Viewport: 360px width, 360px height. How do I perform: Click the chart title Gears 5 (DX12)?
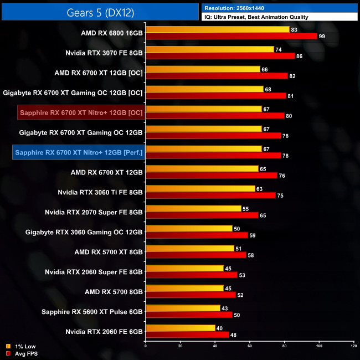(x=99, y=12)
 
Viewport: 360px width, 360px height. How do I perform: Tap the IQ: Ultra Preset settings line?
(x=256, y=17)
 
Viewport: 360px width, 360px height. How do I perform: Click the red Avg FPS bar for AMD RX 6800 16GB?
(x=231, y=36)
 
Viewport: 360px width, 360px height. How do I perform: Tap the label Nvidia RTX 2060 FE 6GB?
(x=104, y=331)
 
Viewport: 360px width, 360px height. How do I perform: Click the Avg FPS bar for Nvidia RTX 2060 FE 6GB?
(x=187, y=335)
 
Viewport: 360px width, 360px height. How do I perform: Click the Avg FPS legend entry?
(x=27, y=353)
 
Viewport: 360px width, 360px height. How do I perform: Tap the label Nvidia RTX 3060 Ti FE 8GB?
(x=100, y=192)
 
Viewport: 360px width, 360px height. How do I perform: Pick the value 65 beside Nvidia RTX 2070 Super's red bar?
(x=263, y=215)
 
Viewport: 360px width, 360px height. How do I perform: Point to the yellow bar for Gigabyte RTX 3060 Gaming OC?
(x=189, y=228)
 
